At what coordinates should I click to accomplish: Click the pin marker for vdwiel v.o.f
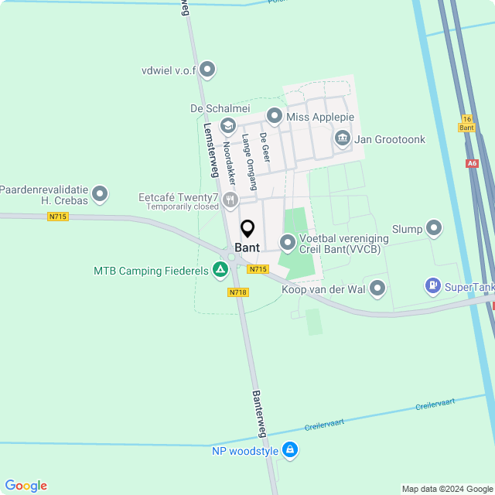click(x=207, y=70)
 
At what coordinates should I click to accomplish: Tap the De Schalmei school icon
click(x=228, y=125)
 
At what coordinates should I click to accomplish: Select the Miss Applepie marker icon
click(x=274, y=116)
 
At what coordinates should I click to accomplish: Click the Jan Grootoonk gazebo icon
click(x=343, y=139)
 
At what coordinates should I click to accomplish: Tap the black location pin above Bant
click(x=247, y=229)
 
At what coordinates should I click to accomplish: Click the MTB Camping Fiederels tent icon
click(x=220, y=270)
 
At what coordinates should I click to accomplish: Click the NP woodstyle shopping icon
click(x=289, y=449)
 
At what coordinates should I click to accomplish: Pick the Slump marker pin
click(x=434, y=228)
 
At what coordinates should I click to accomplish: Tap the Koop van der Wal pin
click(x=377, y=288)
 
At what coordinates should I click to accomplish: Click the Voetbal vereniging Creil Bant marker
click(x=288, y=244)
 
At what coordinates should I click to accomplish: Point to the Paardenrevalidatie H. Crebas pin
click(x=100, y=194)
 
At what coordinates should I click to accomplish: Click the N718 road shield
click(x=237, y=292)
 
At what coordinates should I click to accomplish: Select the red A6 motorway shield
click(x=473, y=163)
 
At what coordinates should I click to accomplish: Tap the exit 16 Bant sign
click(x=466, y=124)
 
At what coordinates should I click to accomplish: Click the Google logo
click(x=26, y=486)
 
